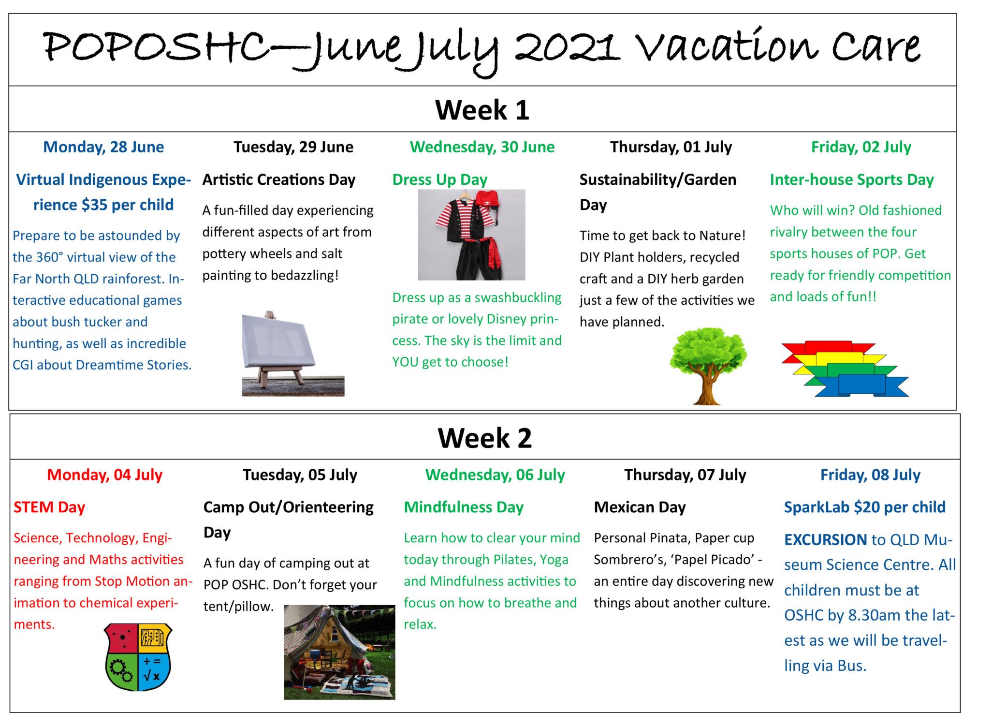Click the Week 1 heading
coord(482,110)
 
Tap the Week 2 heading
coord(484,438)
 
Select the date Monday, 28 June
coord(103,147)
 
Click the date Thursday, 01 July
coord(671,147)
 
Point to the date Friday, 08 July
coord(870,475)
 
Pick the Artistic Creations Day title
coord(279,180)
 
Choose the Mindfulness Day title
coord(464,507)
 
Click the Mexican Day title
coord(640,507)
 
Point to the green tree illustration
coord(708,366)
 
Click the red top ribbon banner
coord(828,349)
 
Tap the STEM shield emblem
coord(138,656)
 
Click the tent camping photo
coord(339,652)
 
